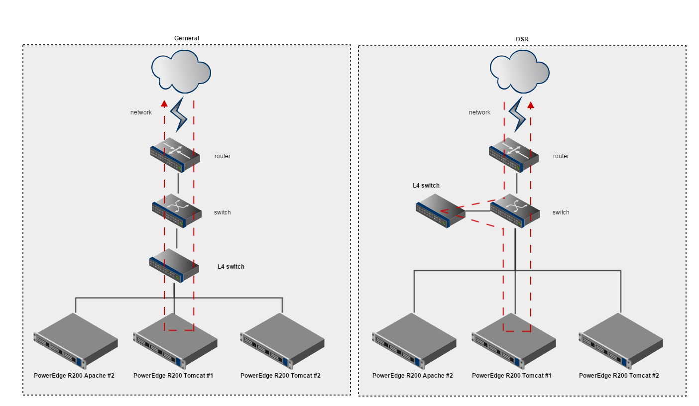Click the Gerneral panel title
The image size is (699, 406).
pyautogui.click(x=186, y=38)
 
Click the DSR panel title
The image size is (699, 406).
pyautogui.click(x=522, y=39)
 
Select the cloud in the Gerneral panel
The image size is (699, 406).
pyautogui.click(x=181, y=72)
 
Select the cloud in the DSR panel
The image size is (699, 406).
pyautogui.click(x=520, y=72)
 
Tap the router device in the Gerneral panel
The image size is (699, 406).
pyautogui.click(x=175, y=155)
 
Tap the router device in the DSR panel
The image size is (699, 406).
pyautogui.click(x=514, y=155)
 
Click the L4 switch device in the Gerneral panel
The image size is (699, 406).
pyautogui.click(x=174, y=265)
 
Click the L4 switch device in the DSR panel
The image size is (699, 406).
pyautogui.click(x=441, y=211)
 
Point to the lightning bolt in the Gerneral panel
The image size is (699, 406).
pyautogui.click(x=179, y=114)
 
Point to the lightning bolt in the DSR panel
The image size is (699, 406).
pyautogui.click(x=517, y=114)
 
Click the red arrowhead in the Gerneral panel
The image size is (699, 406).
pyautogui.click(x=164, y=104)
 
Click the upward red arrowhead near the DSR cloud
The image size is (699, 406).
pyautogui.click(x=531, y=105)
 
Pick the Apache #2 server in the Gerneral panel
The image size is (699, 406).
pyautogui.click(x=76, y=341)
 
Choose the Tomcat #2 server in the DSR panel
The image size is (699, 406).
pyautogui.click(x=621, y=341)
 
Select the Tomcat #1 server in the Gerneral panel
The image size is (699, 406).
pyautogui.click(x=175, y=341)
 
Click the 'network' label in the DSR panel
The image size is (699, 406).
pyautogui.click(x=479, y=112)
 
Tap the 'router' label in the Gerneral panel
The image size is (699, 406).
pyautogui.click(x=223, y=156)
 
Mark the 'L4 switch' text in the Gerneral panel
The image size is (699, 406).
pyautogui.click(x=231, y=267)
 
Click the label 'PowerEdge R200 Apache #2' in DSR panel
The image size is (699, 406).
pyautogui.click(x=413, y=376)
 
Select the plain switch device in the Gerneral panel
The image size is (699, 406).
pyautogui.click(x=177, y=211)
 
